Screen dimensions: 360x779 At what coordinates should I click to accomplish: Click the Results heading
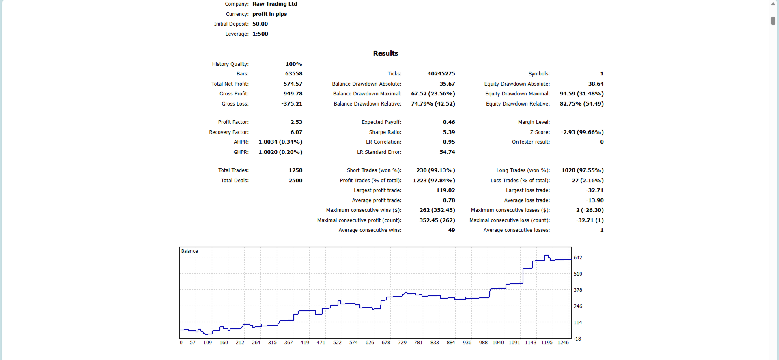click(385, 53)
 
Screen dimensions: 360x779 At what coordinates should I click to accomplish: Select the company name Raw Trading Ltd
click(275, 4)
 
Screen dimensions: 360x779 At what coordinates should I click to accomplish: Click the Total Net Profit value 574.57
click(293, 84)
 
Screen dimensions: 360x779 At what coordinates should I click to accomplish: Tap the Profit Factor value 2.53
click(296, 122)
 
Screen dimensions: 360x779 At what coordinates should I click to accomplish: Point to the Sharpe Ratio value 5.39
click(449, 132)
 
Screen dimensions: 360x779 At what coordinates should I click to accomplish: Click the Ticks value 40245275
click(441, 74)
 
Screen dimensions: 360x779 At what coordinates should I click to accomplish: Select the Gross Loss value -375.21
click(292, 104)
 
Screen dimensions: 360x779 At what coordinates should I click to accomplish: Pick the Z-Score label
click(540, 132)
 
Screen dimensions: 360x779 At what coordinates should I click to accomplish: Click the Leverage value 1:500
click(260, 34)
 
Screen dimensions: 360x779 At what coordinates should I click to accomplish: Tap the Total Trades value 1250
click(295, 170)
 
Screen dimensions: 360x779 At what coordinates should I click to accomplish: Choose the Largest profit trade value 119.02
click(445, 190)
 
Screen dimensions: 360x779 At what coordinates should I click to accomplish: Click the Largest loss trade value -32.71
click(594, 190)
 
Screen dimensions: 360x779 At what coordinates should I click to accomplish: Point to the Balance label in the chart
click(189, 251)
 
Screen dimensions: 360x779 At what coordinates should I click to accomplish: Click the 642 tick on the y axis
click(578, 258)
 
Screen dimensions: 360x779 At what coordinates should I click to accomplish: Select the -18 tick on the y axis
click(577, 339)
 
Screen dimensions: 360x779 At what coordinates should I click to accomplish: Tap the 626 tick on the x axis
click(370, 343)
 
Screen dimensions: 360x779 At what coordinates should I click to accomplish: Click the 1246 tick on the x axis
click(563, 343)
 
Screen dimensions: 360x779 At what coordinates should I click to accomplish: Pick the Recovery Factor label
click(229, 132)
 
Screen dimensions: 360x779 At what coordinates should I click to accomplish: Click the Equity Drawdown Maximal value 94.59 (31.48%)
click(581, 94)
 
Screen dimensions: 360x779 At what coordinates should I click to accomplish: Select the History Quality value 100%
click(294, 64)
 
